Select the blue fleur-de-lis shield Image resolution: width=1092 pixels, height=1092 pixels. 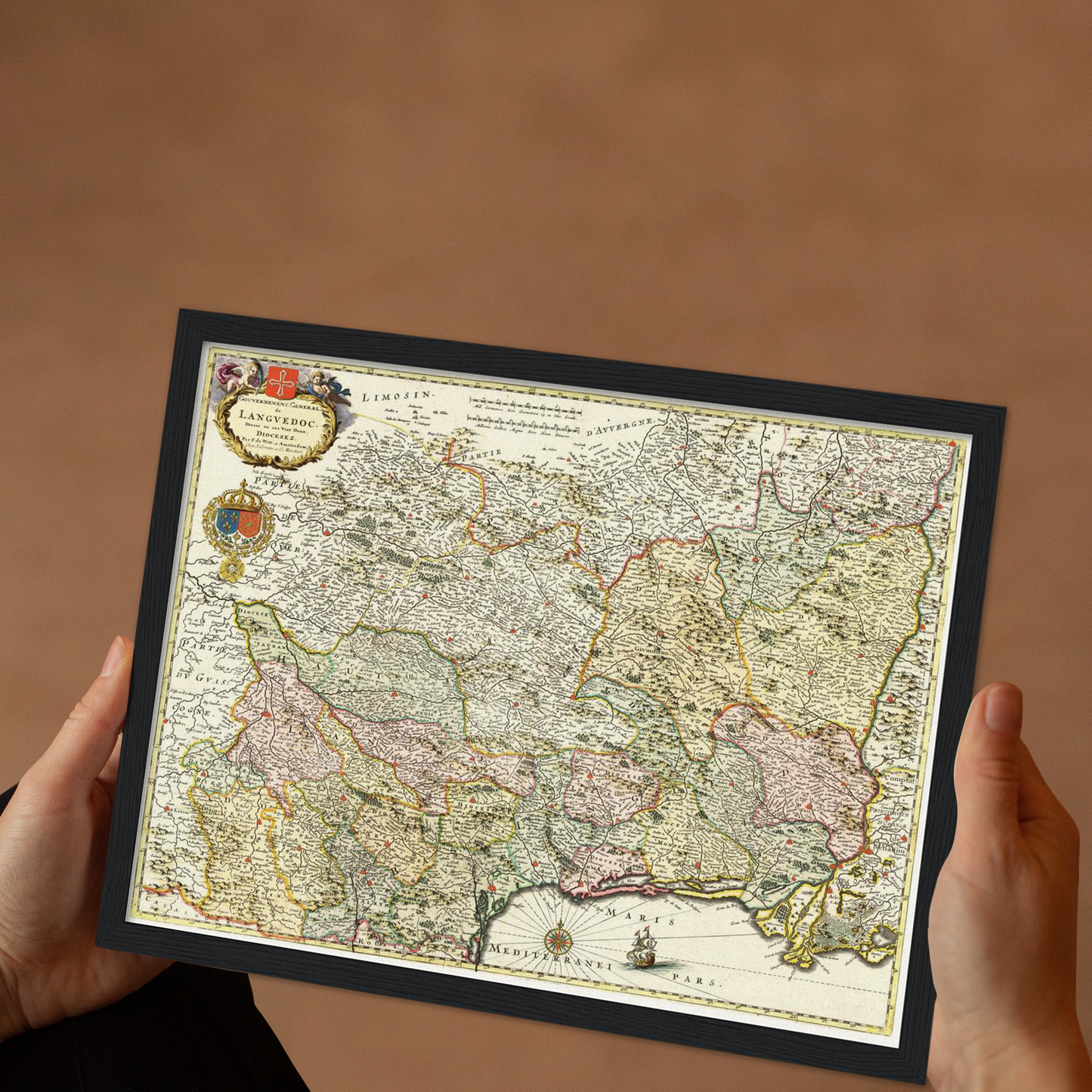coord(227,520)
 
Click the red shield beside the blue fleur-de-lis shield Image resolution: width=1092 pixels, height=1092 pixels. coord(249,523)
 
